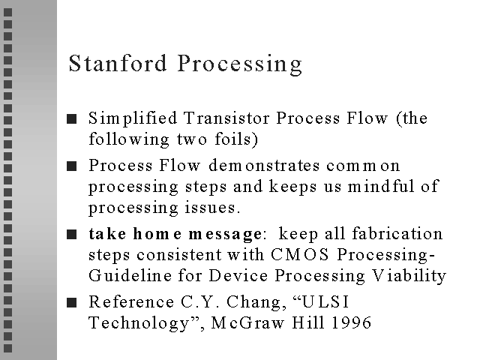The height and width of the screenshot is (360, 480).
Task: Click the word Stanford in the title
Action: point(118,63)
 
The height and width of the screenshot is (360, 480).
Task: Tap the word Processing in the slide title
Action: point(240,64)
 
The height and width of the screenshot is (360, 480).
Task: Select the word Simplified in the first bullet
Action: point(133,118)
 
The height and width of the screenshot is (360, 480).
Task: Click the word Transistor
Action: point(226,118)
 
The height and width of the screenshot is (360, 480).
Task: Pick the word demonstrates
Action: point(264,165)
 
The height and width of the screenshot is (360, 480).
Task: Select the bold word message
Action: point(226,235)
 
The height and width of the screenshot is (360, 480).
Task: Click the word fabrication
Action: point(397,233)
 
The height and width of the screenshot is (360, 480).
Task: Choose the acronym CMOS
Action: point(300,254)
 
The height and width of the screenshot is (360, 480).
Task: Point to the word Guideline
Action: point(130,275)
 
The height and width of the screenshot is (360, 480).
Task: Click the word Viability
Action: point(409,276)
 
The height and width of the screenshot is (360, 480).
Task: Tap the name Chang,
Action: point(256,302)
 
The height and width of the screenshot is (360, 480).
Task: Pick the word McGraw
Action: point(247,322)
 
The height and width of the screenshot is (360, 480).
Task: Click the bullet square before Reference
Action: point(72,302)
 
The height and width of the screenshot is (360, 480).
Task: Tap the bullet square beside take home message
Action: point(72,235)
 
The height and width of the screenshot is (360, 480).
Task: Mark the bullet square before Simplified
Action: point(72,118)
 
